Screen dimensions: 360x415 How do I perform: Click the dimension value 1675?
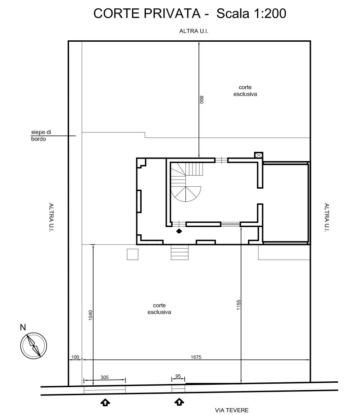click(196, 357)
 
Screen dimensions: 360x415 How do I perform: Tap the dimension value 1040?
click(91, 315)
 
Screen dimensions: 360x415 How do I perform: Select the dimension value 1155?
click(239, 305)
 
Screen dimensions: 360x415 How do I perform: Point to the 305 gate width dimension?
click(104, 377)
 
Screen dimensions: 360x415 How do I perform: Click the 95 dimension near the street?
click(178, 376)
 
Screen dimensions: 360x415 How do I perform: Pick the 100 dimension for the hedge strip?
click(75, 357)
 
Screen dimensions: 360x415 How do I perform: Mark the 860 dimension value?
click(202, 100)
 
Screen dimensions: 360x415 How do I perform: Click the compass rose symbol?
click(34, 345)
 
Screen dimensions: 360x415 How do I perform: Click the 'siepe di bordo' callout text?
click(41, 136)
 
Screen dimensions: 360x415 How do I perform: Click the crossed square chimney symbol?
click(258, 155)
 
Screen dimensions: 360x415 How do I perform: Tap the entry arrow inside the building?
click(179, 231)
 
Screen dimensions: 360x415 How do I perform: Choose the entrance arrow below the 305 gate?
click(105, 402)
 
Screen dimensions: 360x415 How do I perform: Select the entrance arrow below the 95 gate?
click(179, 402)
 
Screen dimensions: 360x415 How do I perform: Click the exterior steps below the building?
click(180, 252)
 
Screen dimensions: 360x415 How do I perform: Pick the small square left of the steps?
click(132, 254)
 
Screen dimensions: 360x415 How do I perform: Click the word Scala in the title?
click(233, 13)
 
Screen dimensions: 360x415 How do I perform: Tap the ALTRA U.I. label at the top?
click(194, 31)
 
